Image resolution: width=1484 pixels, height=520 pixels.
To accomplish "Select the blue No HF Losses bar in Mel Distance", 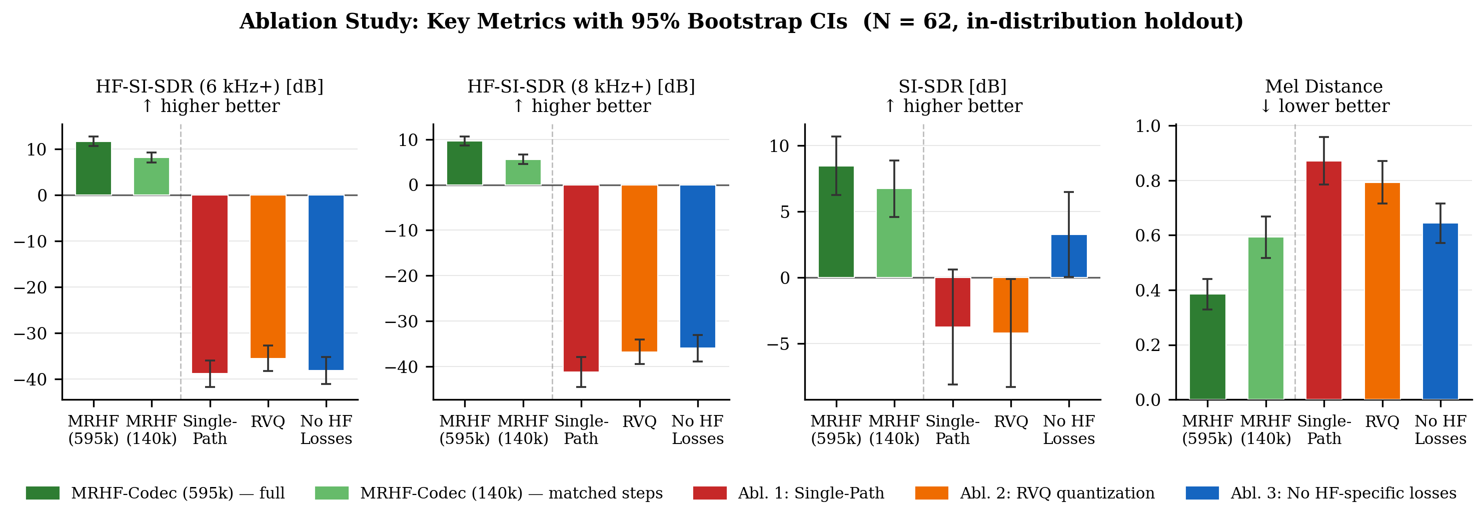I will (1439, 311).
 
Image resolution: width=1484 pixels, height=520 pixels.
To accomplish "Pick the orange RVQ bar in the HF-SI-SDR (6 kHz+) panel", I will (268, 276).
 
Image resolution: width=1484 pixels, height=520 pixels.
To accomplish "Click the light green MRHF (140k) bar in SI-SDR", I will (894, 233).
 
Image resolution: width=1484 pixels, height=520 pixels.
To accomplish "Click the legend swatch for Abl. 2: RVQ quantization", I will (931, 493).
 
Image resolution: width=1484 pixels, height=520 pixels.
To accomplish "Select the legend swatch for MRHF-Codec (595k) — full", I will (43, 493).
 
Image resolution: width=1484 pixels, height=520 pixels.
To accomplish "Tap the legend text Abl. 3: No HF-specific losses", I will (1343, 493).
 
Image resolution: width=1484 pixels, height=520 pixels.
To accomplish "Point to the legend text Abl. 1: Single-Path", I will (811, 493).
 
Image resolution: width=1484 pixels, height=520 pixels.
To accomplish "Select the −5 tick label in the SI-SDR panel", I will (777, 344).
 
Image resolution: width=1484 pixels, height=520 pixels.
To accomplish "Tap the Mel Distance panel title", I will (1324, 86).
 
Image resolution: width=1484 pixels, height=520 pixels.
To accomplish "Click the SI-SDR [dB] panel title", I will (952, 86).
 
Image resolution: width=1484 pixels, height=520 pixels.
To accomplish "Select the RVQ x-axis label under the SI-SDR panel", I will (1010, 421).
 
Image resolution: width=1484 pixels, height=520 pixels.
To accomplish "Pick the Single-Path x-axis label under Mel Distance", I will (1324, 429).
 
